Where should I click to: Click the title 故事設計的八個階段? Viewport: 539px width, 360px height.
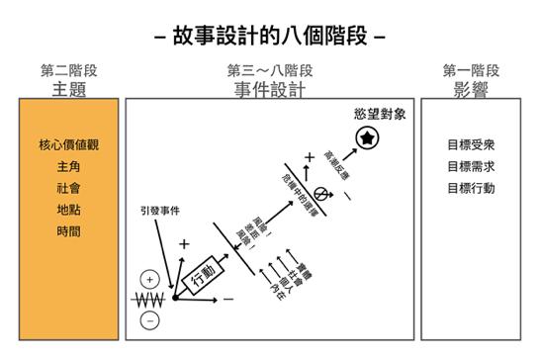pos(270,36)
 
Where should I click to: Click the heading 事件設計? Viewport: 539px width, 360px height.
pos(270,89)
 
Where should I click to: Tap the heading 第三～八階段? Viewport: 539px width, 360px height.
pos(270,71)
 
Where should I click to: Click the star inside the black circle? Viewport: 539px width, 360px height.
pos(368,138)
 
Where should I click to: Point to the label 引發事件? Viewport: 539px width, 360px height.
pos(162,212)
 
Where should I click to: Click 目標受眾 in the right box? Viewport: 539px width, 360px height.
pos(471,144)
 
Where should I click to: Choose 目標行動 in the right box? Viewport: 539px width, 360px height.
pos(471,188)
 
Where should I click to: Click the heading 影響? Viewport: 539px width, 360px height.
pos(471,89)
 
